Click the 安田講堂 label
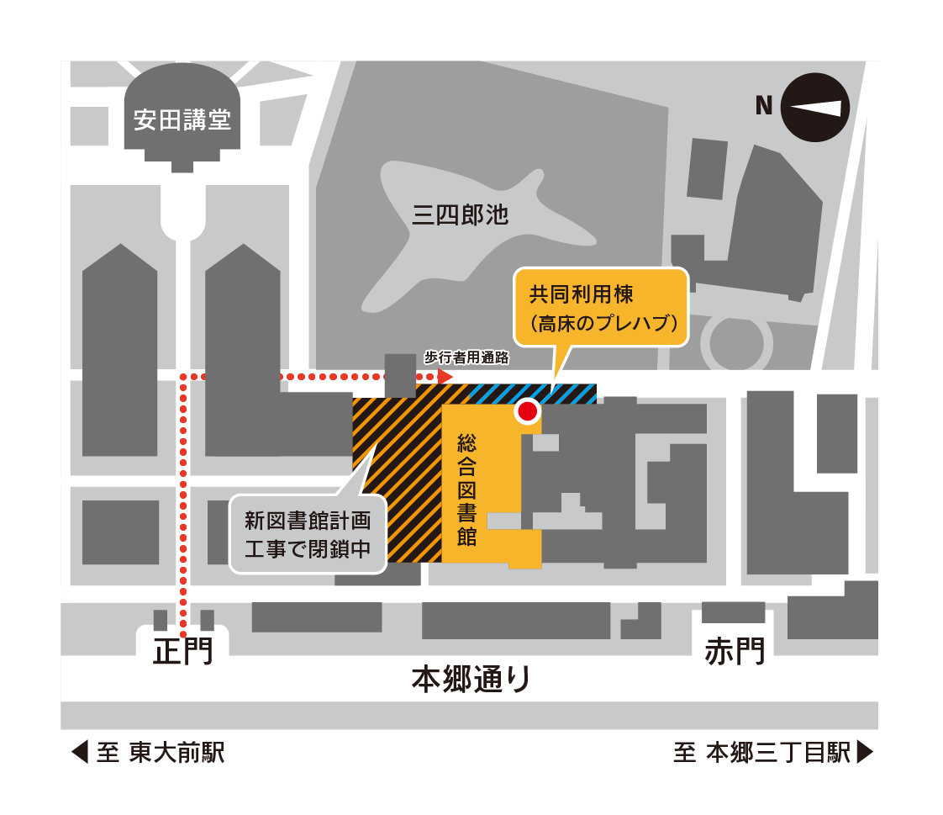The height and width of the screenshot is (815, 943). pyautogui.click(x=182, y=119)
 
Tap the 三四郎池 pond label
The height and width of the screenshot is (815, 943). pyautogui.click(x=460, y=214)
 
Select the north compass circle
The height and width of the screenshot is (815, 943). pyautogui.click(x=815, y=108)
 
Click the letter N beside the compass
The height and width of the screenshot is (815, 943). pyautogui.click(x=764, y=105)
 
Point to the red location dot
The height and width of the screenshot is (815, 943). pyautogui.click(x=528, y=411)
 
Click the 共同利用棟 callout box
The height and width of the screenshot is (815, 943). pyautogui.click(x=601, y=308)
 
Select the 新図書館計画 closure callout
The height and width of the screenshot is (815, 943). pyautogui.click(x=308, y=534)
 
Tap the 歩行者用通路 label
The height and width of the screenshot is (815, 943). pyautogui.click(x=466, y=357)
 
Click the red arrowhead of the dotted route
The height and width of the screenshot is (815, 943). pyautogui.click(x=445, y=377)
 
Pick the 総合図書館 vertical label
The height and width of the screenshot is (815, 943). pyautogui.click(x=466, y=490)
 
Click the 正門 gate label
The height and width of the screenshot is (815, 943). pyautogui.click(x=183, y=651)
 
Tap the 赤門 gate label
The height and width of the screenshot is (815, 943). pyautogui.click(x=735, y=651)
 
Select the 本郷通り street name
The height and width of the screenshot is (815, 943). pyautogui.click(x=471, y=679)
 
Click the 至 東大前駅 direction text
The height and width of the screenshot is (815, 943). pyautogui.click(x=161, y=753)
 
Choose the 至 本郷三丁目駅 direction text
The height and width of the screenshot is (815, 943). pyautogui.click(x=762, y=753)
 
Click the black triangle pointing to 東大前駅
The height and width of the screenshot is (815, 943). pyautogui.click(x=80, y=753)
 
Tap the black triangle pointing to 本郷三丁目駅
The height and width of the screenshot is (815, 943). pyautogui.click(x=865, y=753)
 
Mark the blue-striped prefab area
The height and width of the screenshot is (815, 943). pyautogui.click(x=533, y=394)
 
